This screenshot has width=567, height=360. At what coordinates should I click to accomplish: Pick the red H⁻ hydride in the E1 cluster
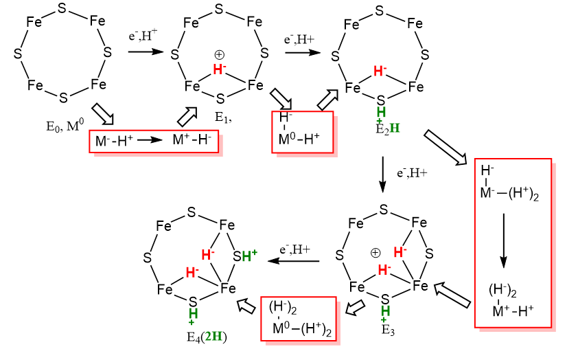point(219,69)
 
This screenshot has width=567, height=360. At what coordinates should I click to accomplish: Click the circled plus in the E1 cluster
point(220,54)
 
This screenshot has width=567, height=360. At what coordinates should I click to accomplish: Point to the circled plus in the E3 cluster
point(375,252)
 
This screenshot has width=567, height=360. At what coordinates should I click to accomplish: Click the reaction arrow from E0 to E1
point(146,51)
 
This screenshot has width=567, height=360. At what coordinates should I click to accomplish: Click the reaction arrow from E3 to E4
point(294,261)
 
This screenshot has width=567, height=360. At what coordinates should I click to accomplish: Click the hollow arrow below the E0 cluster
point(102,113)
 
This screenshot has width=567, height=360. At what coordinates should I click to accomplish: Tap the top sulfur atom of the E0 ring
point(63,8)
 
